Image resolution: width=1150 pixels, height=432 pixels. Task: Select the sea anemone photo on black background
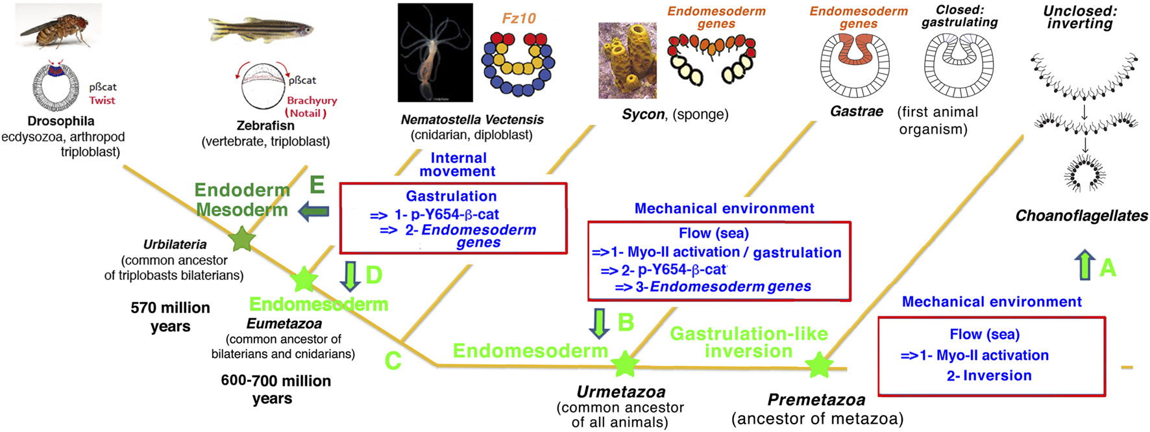435,53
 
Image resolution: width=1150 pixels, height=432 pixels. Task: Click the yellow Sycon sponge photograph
627,60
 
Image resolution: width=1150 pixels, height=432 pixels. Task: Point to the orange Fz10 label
519,18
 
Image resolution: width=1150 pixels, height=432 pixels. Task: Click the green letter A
1108,268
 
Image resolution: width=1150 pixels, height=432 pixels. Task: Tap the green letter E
317,185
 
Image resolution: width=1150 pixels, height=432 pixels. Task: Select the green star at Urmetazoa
625,364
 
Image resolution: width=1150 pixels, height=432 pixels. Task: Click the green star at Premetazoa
819,365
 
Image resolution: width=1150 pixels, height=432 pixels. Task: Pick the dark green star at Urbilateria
242,239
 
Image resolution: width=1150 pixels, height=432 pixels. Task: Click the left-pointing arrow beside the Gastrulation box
313,212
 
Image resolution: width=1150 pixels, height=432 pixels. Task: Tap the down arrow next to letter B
599,323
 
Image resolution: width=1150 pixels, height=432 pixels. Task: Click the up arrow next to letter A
1084,266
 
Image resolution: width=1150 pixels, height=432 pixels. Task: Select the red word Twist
102,101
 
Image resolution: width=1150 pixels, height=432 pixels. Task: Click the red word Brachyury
312,101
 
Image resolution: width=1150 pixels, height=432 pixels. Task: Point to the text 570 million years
170,316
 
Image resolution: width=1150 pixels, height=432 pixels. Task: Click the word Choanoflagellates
1081,216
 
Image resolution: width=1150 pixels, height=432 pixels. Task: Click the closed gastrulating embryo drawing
959,65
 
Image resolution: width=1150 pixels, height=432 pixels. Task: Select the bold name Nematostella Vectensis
472,120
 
